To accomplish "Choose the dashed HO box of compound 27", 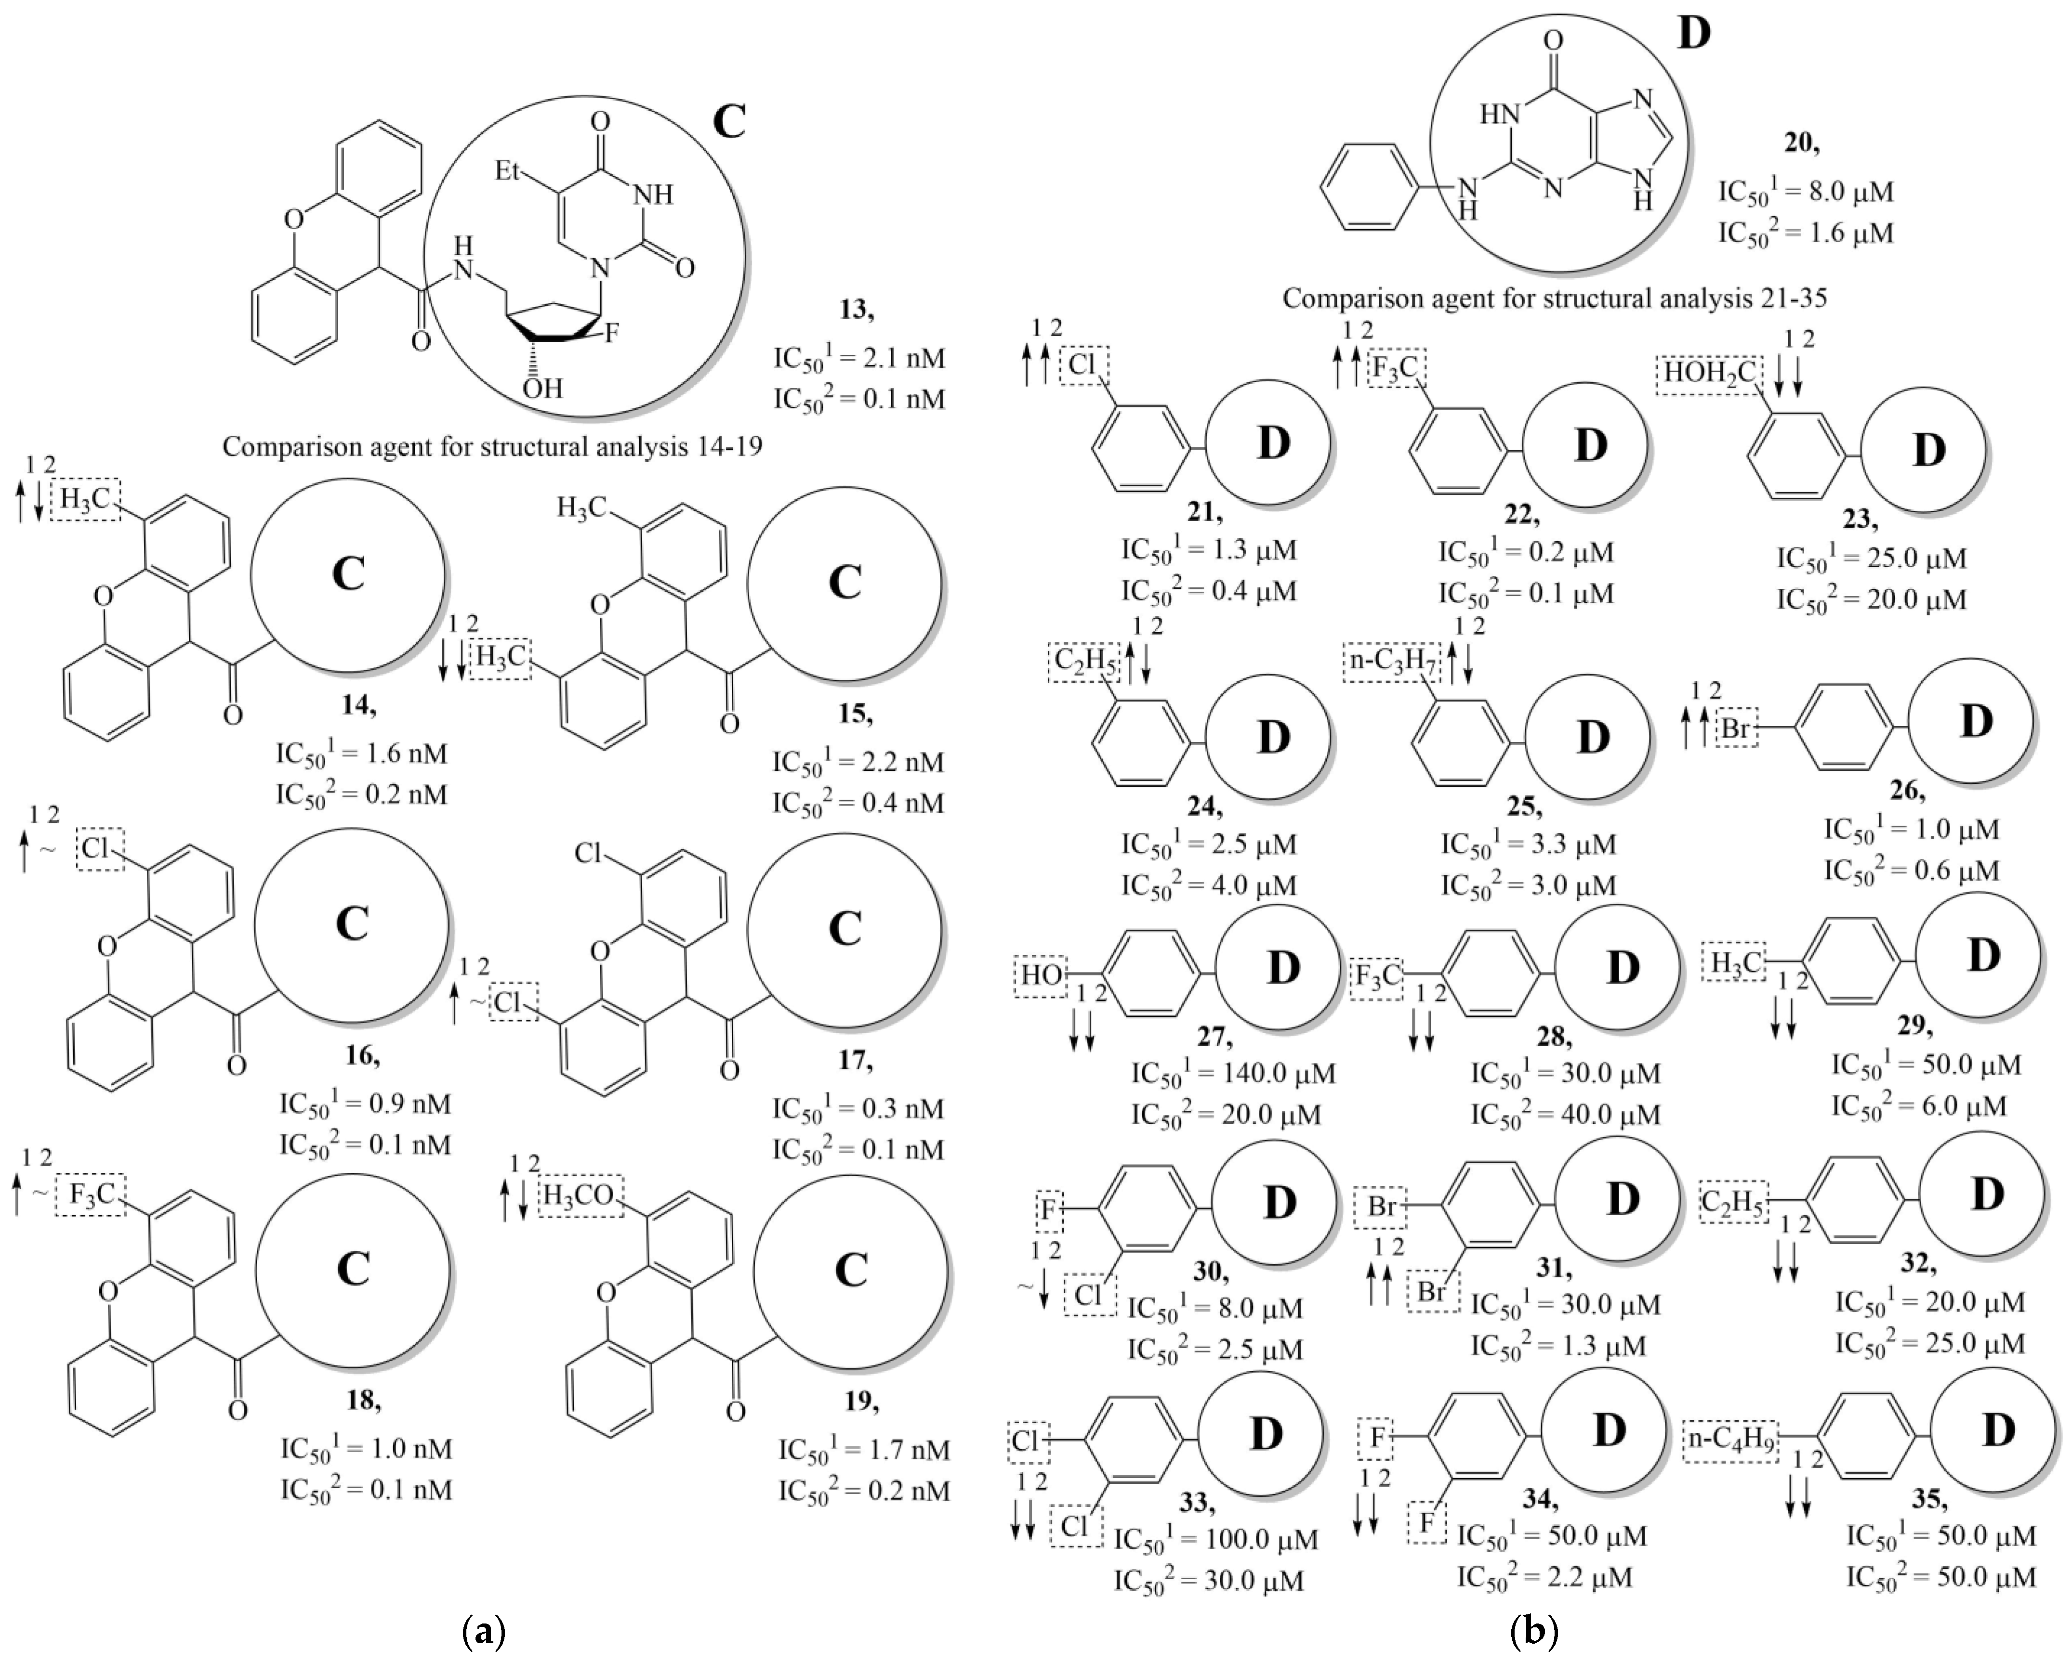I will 1041,975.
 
